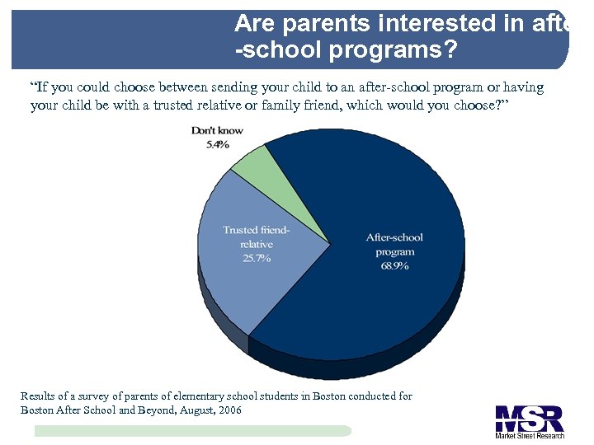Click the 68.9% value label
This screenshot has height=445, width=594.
(394, 266)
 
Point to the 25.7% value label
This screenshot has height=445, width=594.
(257, 258)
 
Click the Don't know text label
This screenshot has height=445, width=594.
(217, 131)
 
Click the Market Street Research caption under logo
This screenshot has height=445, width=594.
(529, 434)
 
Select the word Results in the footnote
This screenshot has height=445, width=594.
(38, 396)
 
